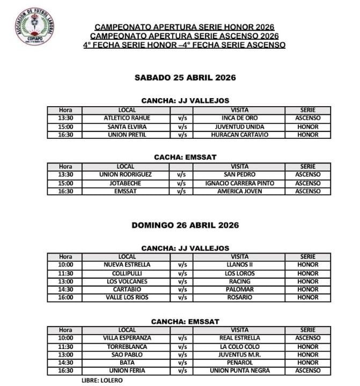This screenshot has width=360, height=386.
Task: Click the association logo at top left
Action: [34, 26]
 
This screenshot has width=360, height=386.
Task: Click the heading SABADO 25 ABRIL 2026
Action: [185, 77]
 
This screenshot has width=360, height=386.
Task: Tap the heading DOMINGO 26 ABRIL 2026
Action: [185, 225]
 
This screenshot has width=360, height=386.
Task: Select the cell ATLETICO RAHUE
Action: [127, 118]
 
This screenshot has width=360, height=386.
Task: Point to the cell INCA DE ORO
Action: [239, 118]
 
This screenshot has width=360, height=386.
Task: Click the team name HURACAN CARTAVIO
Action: [239, 135]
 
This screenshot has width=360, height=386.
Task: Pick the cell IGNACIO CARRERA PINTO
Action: [239, 183]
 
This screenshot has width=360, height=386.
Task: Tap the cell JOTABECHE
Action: [127, 183]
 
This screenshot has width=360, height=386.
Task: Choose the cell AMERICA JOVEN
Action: [239, 191]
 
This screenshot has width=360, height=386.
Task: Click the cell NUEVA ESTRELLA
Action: [127, 265]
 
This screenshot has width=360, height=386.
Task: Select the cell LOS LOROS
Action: [239, 273]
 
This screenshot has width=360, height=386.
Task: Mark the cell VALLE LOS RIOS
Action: [127, 298]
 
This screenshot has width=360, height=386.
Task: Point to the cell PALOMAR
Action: [239, 289]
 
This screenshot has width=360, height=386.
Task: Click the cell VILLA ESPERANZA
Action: [127, 338]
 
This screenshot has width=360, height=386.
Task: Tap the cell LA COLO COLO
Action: [239, 347]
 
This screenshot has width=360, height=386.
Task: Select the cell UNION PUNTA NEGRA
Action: [239, 371]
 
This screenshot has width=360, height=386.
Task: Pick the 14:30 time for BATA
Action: [65, 363]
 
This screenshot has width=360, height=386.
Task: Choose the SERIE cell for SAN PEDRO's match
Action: [307, 174]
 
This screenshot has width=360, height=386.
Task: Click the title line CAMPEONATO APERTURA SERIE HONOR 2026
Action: [185, 27]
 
